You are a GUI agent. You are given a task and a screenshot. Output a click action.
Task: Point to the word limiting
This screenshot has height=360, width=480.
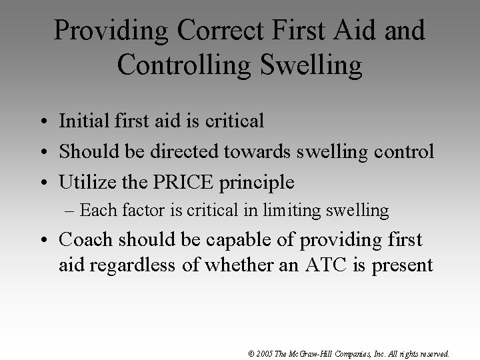pyautogui.click(x=295, y=211)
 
